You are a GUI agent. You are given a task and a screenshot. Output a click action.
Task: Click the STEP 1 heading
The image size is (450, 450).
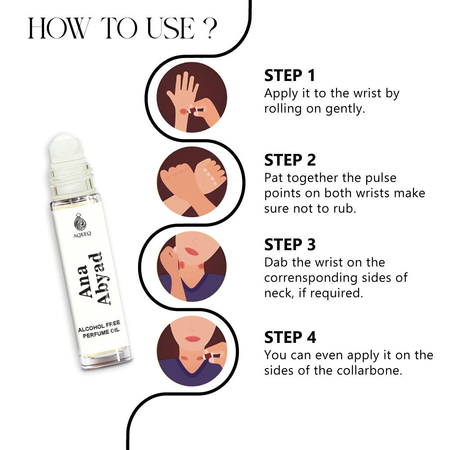point(289,76)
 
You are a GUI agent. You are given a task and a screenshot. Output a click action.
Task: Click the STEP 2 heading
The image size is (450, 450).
point(290,160)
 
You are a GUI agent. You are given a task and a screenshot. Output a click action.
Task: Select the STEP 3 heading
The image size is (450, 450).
point(290,244)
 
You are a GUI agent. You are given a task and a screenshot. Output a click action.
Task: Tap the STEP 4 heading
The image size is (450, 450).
point(290,337)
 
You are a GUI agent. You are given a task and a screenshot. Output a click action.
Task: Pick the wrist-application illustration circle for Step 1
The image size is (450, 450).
point(192,97)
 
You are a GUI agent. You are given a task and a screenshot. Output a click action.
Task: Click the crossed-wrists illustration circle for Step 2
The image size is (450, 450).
point(192,182)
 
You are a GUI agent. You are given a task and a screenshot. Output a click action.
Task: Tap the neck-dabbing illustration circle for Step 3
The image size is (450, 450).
point(192,266)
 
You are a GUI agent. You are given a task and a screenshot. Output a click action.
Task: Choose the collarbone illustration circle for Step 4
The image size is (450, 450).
point(192,351)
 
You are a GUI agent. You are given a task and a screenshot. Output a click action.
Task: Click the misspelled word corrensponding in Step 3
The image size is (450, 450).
point(310,278)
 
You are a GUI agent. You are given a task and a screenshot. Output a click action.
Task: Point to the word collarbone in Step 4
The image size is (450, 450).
point(369,370)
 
